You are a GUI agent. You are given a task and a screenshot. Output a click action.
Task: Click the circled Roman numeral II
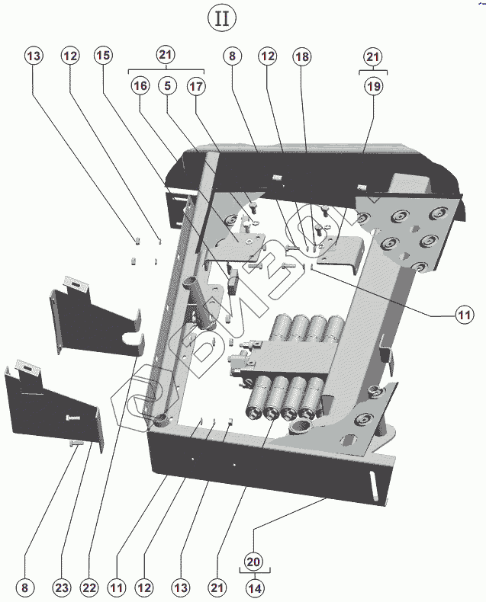[222, 18]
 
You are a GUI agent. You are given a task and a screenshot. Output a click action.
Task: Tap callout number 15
[103, 56]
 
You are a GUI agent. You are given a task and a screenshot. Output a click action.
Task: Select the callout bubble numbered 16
[140, 85]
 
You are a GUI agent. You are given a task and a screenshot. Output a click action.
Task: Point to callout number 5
[168, 85]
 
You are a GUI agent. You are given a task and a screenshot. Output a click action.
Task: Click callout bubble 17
[196, 86]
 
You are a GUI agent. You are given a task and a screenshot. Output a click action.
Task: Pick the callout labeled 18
[302, 57]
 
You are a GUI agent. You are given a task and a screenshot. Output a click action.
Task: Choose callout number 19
[373, 86]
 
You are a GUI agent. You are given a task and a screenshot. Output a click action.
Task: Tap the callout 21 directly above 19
[372, 57]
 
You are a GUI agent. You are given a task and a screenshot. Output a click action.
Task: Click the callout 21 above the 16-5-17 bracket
[166, 55]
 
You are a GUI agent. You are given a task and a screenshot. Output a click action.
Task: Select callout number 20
[253, 562]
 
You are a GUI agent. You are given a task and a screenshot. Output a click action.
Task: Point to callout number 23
[62, 588]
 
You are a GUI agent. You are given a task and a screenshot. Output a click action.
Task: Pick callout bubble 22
[89, 588]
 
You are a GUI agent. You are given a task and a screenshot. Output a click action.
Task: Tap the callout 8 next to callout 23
[25, 588]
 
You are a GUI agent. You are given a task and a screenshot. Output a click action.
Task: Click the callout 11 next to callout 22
[117, 588]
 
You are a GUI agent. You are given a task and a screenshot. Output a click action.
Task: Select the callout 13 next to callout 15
[34, 56]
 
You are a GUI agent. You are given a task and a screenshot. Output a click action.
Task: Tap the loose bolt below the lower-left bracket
[76, 443]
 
